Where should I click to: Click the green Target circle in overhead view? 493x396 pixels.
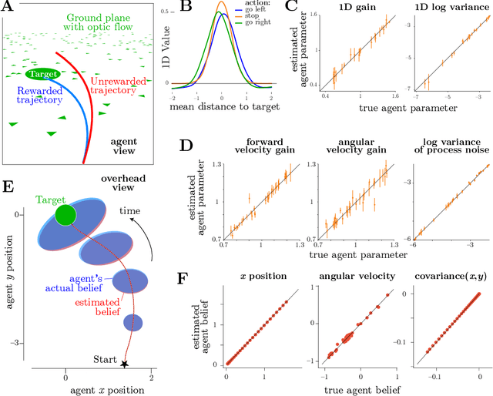67,213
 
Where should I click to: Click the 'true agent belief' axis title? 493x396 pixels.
353,390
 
